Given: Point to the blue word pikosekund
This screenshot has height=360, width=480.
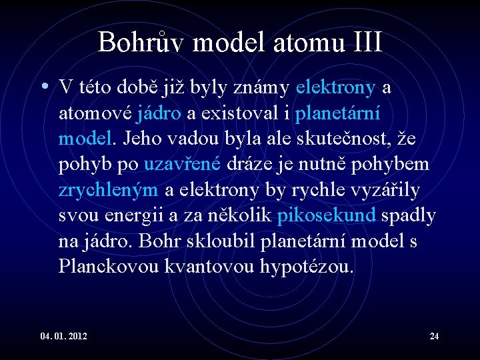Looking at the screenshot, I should (326, 215).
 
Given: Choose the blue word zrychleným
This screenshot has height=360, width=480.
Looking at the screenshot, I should (108, 190).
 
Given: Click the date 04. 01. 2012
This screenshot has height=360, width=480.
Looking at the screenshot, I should (63, 335).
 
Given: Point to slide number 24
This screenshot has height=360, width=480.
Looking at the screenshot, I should (434, 335).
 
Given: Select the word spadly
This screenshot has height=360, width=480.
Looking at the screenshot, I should (409, 215).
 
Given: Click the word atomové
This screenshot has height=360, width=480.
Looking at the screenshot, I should (95, 113).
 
